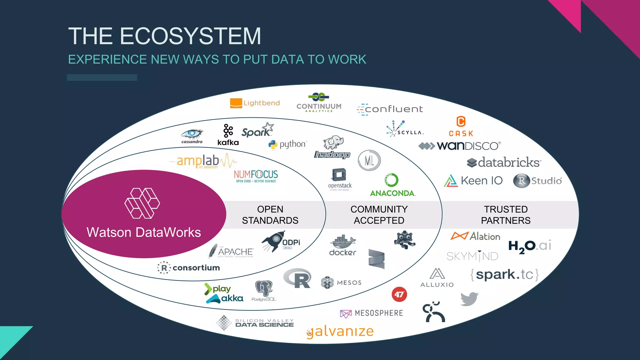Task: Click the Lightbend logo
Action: point(255,103)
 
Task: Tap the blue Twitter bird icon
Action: point(469,299)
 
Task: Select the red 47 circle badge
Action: point(399,294)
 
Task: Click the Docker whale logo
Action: point(343,245)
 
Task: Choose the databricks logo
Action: point(504,162)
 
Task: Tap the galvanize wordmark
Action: point(340,332)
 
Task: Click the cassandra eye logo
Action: point(192,136)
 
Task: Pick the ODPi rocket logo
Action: point(281,241)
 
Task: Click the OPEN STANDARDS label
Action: point(270,215)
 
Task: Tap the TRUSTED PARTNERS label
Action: point(506,215)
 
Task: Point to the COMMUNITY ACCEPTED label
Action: point(379,215)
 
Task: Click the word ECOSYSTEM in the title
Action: point(190,36)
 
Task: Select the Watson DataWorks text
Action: point(144,232)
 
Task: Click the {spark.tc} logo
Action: point(504,275)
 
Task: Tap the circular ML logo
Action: point(369,161)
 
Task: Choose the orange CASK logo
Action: point(461,126)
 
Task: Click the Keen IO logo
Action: point(473,181)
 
